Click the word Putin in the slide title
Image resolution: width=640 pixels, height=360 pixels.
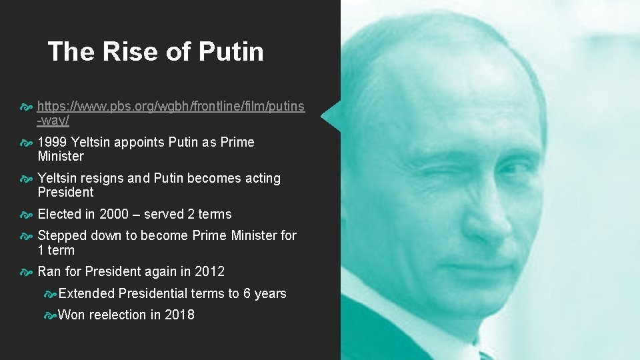tap(231, 52)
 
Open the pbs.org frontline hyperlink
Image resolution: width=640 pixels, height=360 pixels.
tap(171, 107)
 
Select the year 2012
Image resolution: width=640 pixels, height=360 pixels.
tap(209, 271)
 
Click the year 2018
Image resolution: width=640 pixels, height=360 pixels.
tap(179, 315)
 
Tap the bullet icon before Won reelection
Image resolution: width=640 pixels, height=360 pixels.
tap(50, 315)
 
